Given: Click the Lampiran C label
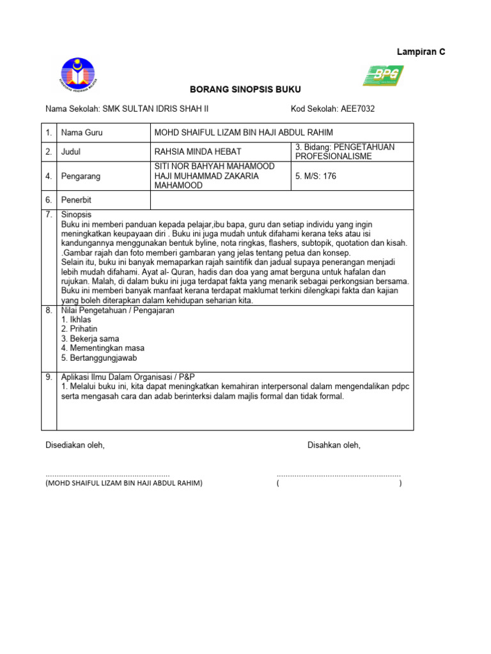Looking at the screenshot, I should [x=421, y=52].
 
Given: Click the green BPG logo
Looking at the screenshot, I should [x=383, y=75].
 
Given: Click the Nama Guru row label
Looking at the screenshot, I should [x=82, y=133].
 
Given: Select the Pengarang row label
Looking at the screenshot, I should [x=80, y=176].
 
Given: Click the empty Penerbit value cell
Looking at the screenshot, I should [x=281, y=200].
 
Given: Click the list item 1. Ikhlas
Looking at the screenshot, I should [x=76, y=319].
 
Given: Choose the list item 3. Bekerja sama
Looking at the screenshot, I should [x=90, y=338].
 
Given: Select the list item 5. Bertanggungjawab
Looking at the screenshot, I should [x=99, y=358].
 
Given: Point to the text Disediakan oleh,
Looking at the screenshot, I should [x=74, y=445].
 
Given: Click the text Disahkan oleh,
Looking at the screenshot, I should [x=334, y=445].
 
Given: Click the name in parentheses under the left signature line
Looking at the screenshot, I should [x=123, y=483].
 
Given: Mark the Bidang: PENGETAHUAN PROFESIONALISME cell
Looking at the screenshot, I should [x=352, y=151].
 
